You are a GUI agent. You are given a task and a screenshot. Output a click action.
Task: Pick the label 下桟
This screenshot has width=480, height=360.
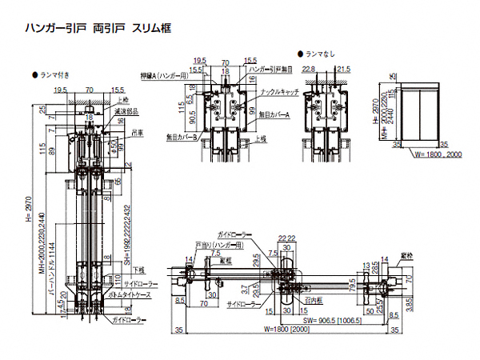tap(139, 270)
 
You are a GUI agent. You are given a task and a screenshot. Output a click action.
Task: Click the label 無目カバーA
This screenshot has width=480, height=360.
tap(277, 114)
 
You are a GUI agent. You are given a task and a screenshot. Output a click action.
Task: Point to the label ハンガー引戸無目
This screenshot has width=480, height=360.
tap(272, 70)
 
